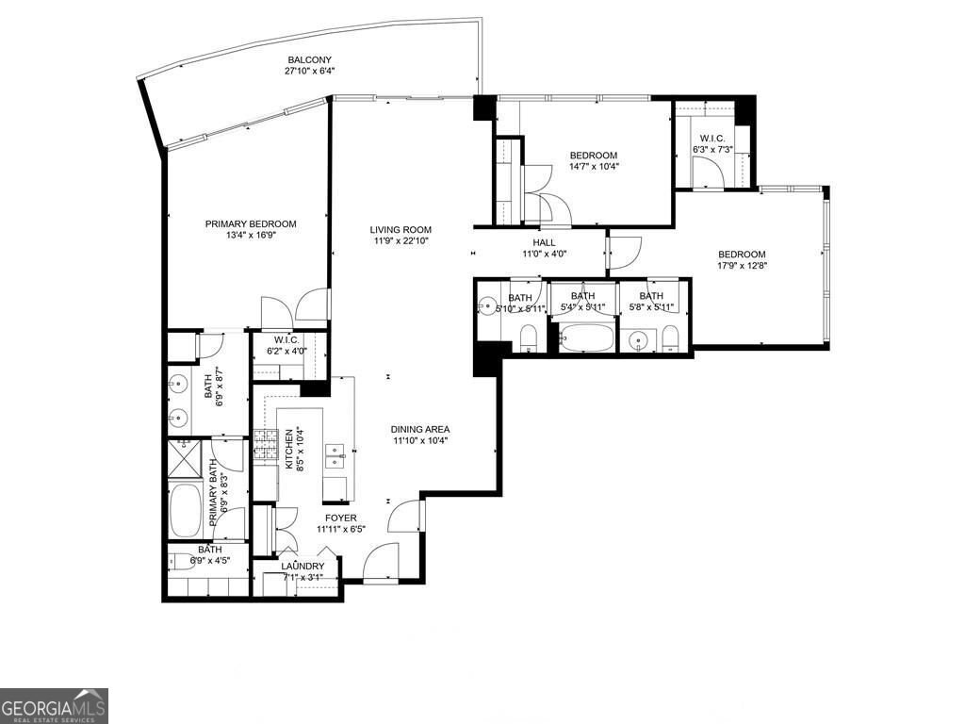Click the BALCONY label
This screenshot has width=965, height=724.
pyautogui.click(x=311, y=58)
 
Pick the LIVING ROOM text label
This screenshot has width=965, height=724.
pyautogui.click(x=400, y=229)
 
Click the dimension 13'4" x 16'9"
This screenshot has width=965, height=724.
pyautogui.click(x=251, y=236)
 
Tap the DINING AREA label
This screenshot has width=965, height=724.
pyautogui.click(x=420, y=430)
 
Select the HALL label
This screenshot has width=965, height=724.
pyautogui.click(x=545, y=242)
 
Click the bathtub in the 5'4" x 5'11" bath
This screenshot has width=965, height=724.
pyautogui.click(x=584, y=337)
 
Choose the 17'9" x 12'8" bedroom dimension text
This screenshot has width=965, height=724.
pyautogui.click(x=741, y=266)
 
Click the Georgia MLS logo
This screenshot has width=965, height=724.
pyautogui.click(x=54, y=705)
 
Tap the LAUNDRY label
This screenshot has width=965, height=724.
pyautogui.click(x=303, y=567)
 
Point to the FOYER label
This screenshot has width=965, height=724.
pyautogui.click(x=340, y=518)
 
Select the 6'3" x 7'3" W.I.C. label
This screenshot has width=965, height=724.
pyautogui.click(x=711, y=143)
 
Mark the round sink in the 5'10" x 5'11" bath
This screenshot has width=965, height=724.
pyautogui.click(x=486, y=305)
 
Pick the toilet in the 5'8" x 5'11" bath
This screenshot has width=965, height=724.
pyautogui.click(x=669, y=337)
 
